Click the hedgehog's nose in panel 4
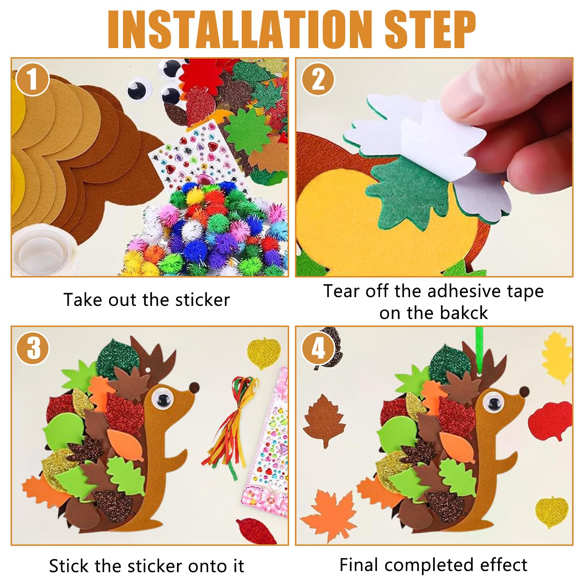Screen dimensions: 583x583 pyautogui.click(x=524, y=392)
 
